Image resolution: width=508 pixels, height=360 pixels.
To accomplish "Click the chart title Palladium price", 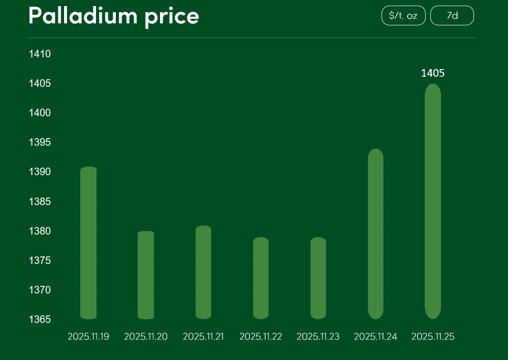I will (x=114, y=16).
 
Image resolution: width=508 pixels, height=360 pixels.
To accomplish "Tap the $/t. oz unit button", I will (x=403, y=16).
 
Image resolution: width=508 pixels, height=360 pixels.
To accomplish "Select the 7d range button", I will (x=452, y=16).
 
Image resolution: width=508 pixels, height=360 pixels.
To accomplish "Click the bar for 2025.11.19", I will (x=88, y=243).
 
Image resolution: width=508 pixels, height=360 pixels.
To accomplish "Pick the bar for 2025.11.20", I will (x=146, y=275).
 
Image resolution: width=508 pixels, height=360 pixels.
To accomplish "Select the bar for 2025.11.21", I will (x=203, y=272).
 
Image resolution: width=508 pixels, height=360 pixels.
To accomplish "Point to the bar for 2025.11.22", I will (x=261, y=278).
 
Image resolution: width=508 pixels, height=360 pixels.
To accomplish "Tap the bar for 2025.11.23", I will (x=318, y=278).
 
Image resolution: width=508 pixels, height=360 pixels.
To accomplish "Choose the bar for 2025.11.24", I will (x=375, y=234).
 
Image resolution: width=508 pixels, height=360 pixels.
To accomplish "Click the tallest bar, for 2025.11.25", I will (x=433, y=201).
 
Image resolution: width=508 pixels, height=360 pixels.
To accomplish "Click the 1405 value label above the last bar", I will (x=433, y=74).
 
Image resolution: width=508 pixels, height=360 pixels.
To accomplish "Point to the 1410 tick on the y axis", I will (x=40, y=54).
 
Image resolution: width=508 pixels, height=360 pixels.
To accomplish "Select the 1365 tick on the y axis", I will (x=40, y=319).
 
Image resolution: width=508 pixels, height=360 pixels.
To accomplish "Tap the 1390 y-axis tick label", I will (x=40, y=172).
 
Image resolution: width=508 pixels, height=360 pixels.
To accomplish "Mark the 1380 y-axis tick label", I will (x=40, y=231).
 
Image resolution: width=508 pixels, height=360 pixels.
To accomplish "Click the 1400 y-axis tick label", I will (x=40, y=113).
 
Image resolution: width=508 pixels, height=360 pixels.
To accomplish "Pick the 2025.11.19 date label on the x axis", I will (x=88, y=337).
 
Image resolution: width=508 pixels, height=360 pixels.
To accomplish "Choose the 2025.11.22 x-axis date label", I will (x=261, y=337).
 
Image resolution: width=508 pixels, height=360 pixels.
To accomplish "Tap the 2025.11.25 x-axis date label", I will (x=433, y=337).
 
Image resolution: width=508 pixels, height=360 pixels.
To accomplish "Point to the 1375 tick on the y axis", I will (x=40, y=260).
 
